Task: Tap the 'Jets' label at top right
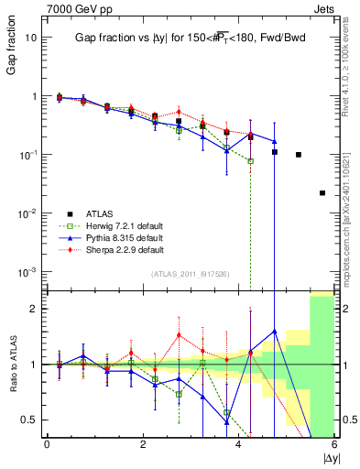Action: coord(326,10)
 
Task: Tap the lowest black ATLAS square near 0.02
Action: coord(322,192)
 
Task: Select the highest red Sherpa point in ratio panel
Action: coord(179,334)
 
